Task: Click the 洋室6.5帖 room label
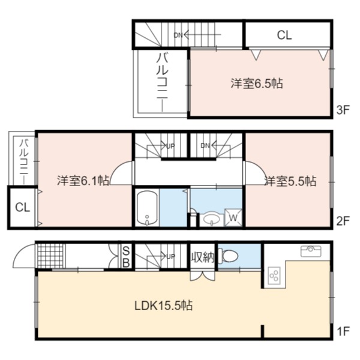click(257, 83)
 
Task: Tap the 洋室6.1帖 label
click(83, 181)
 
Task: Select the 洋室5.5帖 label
click(290, 181)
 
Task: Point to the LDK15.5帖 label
click(163, 305)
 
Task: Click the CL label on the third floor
click(284, 35)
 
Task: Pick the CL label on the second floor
click(23, 208)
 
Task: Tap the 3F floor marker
click(343, 110)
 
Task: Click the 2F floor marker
click(343, 221)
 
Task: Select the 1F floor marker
click(343, 331)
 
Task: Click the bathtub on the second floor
click(147, 208)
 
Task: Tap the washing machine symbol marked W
click(233, 218)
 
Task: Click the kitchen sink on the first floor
click(311, 251)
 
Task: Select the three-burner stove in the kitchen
click(274, 276)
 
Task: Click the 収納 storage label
click(203, 257)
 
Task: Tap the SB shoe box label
click(126, 256)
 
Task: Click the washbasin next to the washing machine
click(211, 219)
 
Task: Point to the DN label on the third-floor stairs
click(178, 35)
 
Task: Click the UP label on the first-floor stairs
click(170, 256)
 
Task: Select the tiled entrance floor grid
click(50, 256)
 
